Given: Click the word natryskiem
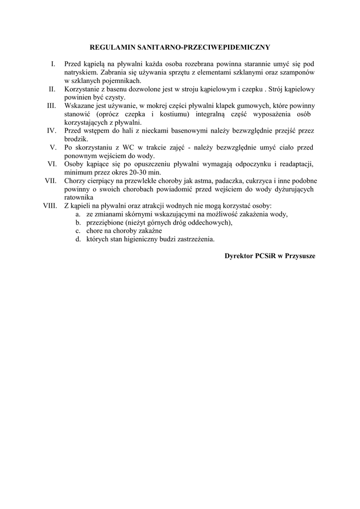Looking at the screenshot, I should pos(80,72).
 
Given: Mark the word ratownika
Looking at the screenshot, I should pos(80,197).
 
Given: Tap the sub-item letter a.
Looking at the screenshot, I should pos(78,214).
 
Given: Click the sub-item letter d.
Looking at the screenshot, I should pos(78,239).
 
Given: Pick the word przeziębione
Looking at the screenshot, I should pos(105,222).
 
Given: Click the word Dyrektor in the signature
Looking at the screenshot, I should pos(239,255).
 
